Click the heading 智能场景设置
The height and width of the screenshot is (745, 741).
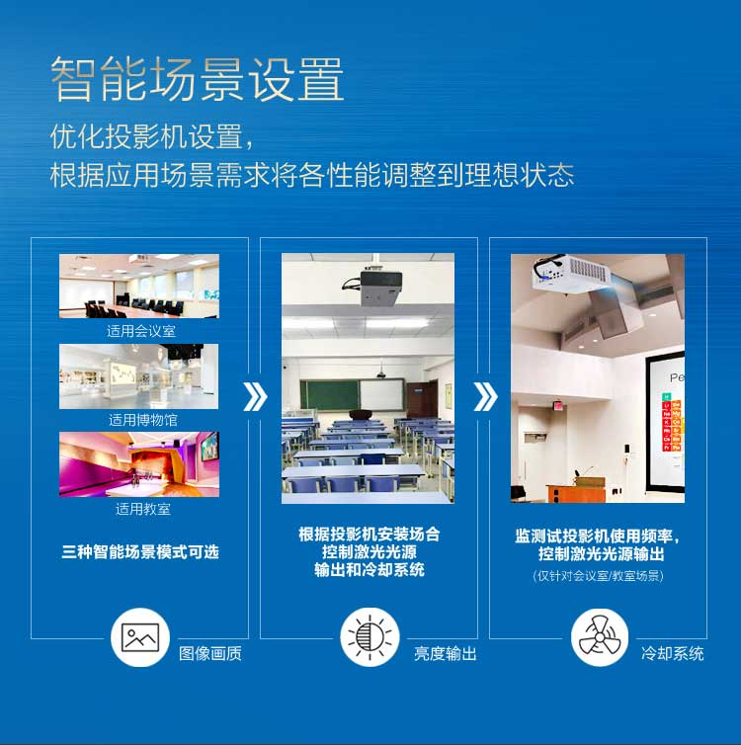point(198,79)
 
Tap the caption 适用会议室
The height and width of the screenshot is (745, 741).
point(141,331)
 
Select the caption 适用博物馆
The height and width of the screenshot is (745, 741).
point(143,420)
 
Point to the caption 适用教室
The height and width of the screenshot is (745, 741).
point(143,509)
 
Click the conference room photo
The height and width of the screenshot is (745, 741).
point(139,286)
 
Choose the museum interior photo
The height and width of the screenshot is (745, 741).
point(138,376)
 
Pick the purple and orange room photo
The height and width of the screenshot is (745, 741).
point(139,464)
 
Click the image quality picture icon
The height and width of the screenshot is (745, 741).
point(140,637)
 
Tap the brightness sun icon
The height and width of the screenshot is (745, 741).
point(370,637)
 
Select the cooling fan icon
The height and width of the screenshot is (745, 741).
point(600,637)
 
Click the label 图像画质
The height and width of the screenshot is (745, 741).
point(210,654)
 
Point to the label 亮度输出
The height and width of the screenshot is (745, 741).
point(445,654)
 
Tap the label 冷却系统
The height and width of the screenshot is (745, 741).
point(672,654)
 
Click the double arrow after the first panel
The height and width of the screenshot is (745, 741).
point(255,396)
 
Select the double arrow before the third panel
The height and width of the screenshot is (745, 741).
point(485,396)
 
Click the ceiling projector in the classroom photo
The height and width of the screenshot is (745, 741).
point(375,286)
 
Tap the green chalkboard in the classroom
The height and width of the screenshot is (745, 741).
point(330,395)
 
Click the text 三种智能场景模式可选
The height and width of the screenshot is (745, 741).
point(140,552)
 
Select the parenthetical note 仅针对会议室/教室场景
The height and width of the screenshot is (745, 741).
point(598,576)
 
